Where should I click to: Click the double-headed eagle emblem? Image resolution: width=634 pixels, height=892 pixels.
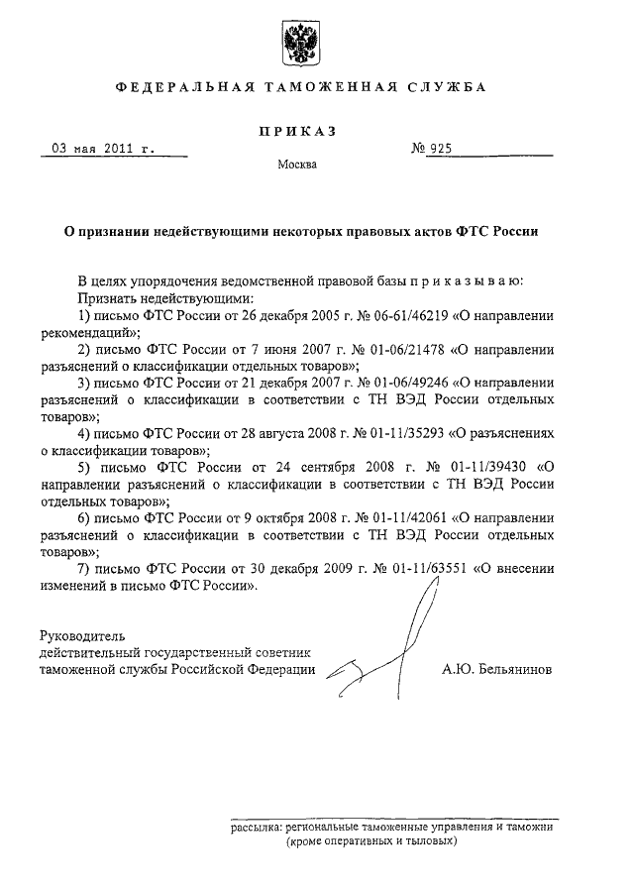click(x=301, y=41)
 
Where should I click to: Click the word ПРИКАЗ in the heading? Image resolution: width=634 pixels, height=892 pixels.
click(x=299, y=130)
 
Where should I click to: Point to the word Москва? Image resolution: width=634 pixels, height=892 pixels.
click(x=298, y=165)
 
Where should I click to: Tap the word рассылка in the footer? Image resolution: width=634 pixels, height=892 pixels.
click(x=255, y=825)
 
